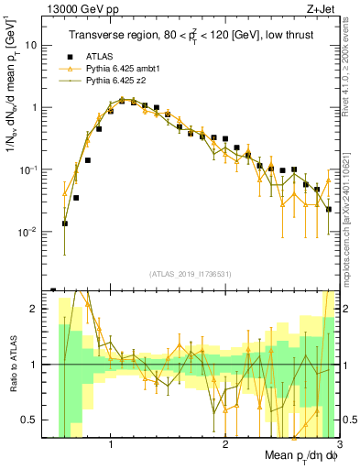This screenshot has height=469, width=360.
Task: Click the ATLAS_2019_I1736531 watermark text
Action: tap(191, 274)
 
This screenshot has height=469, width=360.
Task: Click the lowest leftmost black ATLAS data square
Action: tap(65, 223)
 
